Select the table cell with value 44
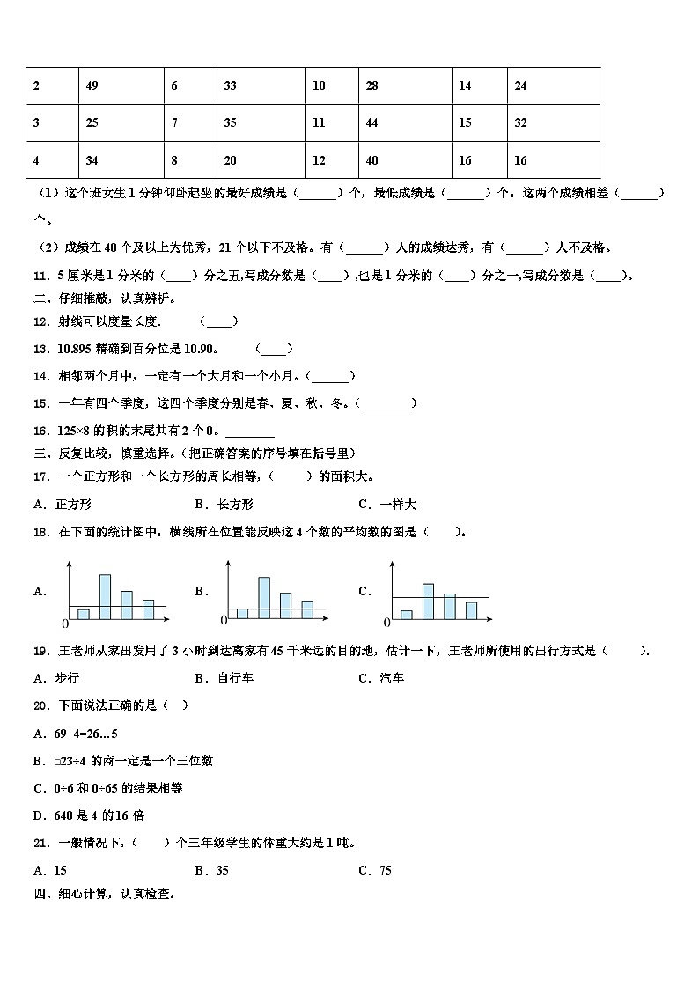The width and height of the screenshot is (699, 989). point(406,122)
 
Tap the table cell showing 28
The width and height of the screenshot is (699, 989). point(406,85)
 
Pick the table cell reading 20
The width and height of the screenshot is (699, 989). point(261,160)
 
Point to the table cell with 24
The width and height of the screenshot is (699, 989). point(553,85)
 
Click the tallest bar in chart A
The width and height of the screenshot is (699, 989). point(105,597)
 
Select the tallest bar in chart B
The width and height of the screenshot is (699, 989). point(263,598)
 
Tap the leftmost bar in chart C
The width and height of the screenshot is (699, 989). point(406,615)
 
